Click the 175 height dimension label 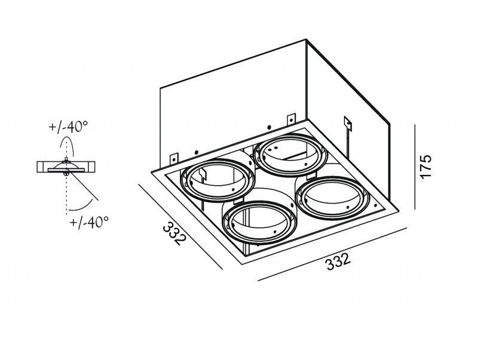[x=426, y=167]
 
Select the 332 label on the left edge [x=174, y=233]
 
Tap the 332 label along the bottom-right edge [x=338, y=261]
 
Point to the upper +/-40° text [x=68, y=127]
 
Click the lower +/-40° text [x=89, y=222]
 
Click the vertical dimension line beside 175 [x=415, y=167]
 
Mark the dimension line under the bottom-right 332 [x=333, y=254]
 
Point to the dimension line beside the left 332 [x=181, y=227]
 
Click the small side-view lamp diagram [x=66, y=167]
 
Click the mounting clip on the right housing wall [x=348, y=124]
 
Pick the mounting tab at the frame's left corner [x=174, y=158]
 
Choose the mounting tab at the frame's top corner [x=291, y=118]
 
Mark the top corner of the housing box [x=306, y=39]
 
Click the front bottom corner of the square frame [x=243, y=265]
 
